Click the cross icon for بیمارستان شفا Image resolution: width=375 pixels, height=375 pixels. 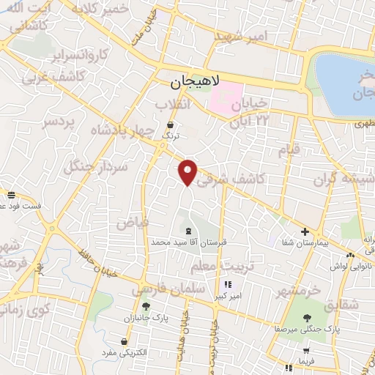coord(305,231)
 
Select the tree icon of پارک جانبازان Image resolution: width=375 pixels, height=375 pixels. coord(146,306)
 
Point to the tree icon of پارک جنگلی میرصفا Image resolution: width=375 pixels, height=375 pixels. coord(307,319)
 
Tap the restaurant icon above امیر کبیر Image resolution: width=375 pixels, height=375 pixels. coord(227,284)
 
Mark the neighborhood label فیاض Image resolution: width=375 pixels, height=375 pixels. coord(133,220)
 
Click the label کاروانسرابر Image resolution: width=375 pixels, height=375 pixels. coord(82,54)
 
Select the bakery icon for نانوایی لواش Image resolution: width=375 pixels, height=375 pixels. coord(351,255)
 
